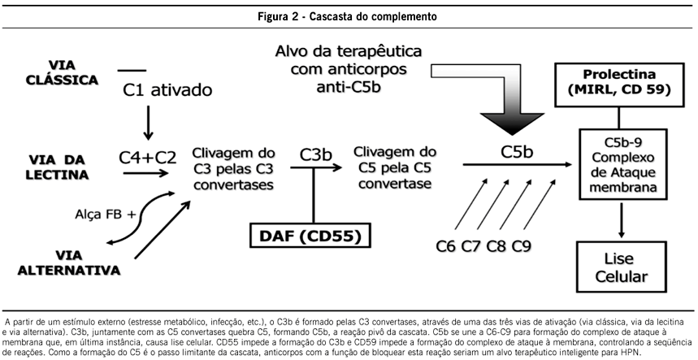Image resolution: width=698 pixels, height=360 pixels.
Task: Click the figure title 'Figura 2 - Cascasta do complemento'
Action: (x=349, y=15)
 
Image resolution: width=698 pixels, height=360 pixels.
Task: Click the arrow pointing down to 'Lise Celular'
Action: (x=622, y=219)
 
